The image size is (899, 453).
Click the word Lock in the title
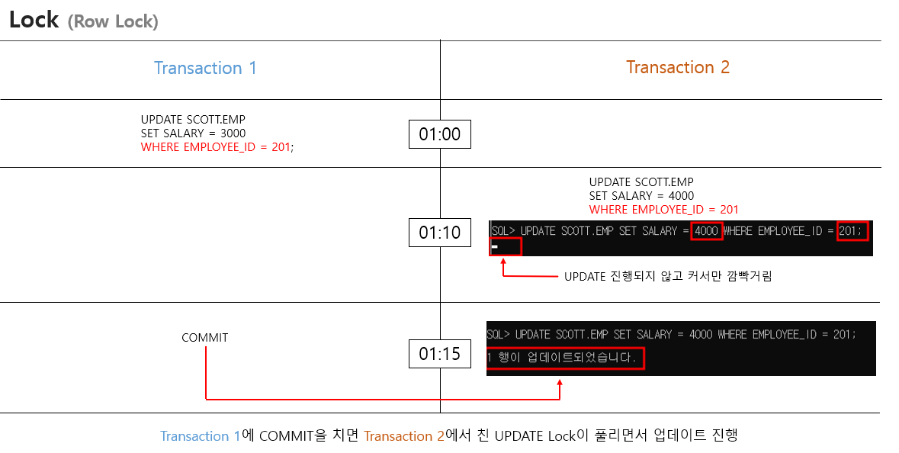34,20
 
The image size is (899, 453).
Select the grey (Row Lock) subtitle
113,22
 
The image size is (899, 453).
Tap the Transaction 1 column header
205,68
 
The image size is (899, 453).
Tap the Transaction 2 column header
678,67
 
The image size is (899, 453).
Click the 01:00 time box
440,135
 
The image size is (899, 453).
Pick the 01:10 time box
440,233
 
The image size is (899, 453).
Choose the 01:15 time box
440,354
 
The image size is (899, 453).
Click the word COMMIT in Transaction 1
204,338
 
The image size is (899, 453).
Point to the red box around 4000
707,230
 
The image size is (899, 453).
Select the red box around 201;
852,230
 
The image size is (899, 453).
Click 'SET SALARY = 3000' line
193,133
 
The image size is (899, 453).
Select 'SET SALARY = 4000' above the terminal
641,196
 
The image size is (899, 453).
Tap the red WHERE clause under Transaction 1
217,147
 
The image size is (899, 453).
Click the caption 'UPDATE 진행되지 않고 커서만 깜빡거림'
668,276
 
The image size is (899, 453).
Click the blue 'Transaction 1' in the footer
201,436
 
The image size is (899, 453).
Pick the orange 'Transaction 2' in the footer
403,436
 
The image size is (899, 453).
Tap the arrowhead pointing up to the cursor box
503,262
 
